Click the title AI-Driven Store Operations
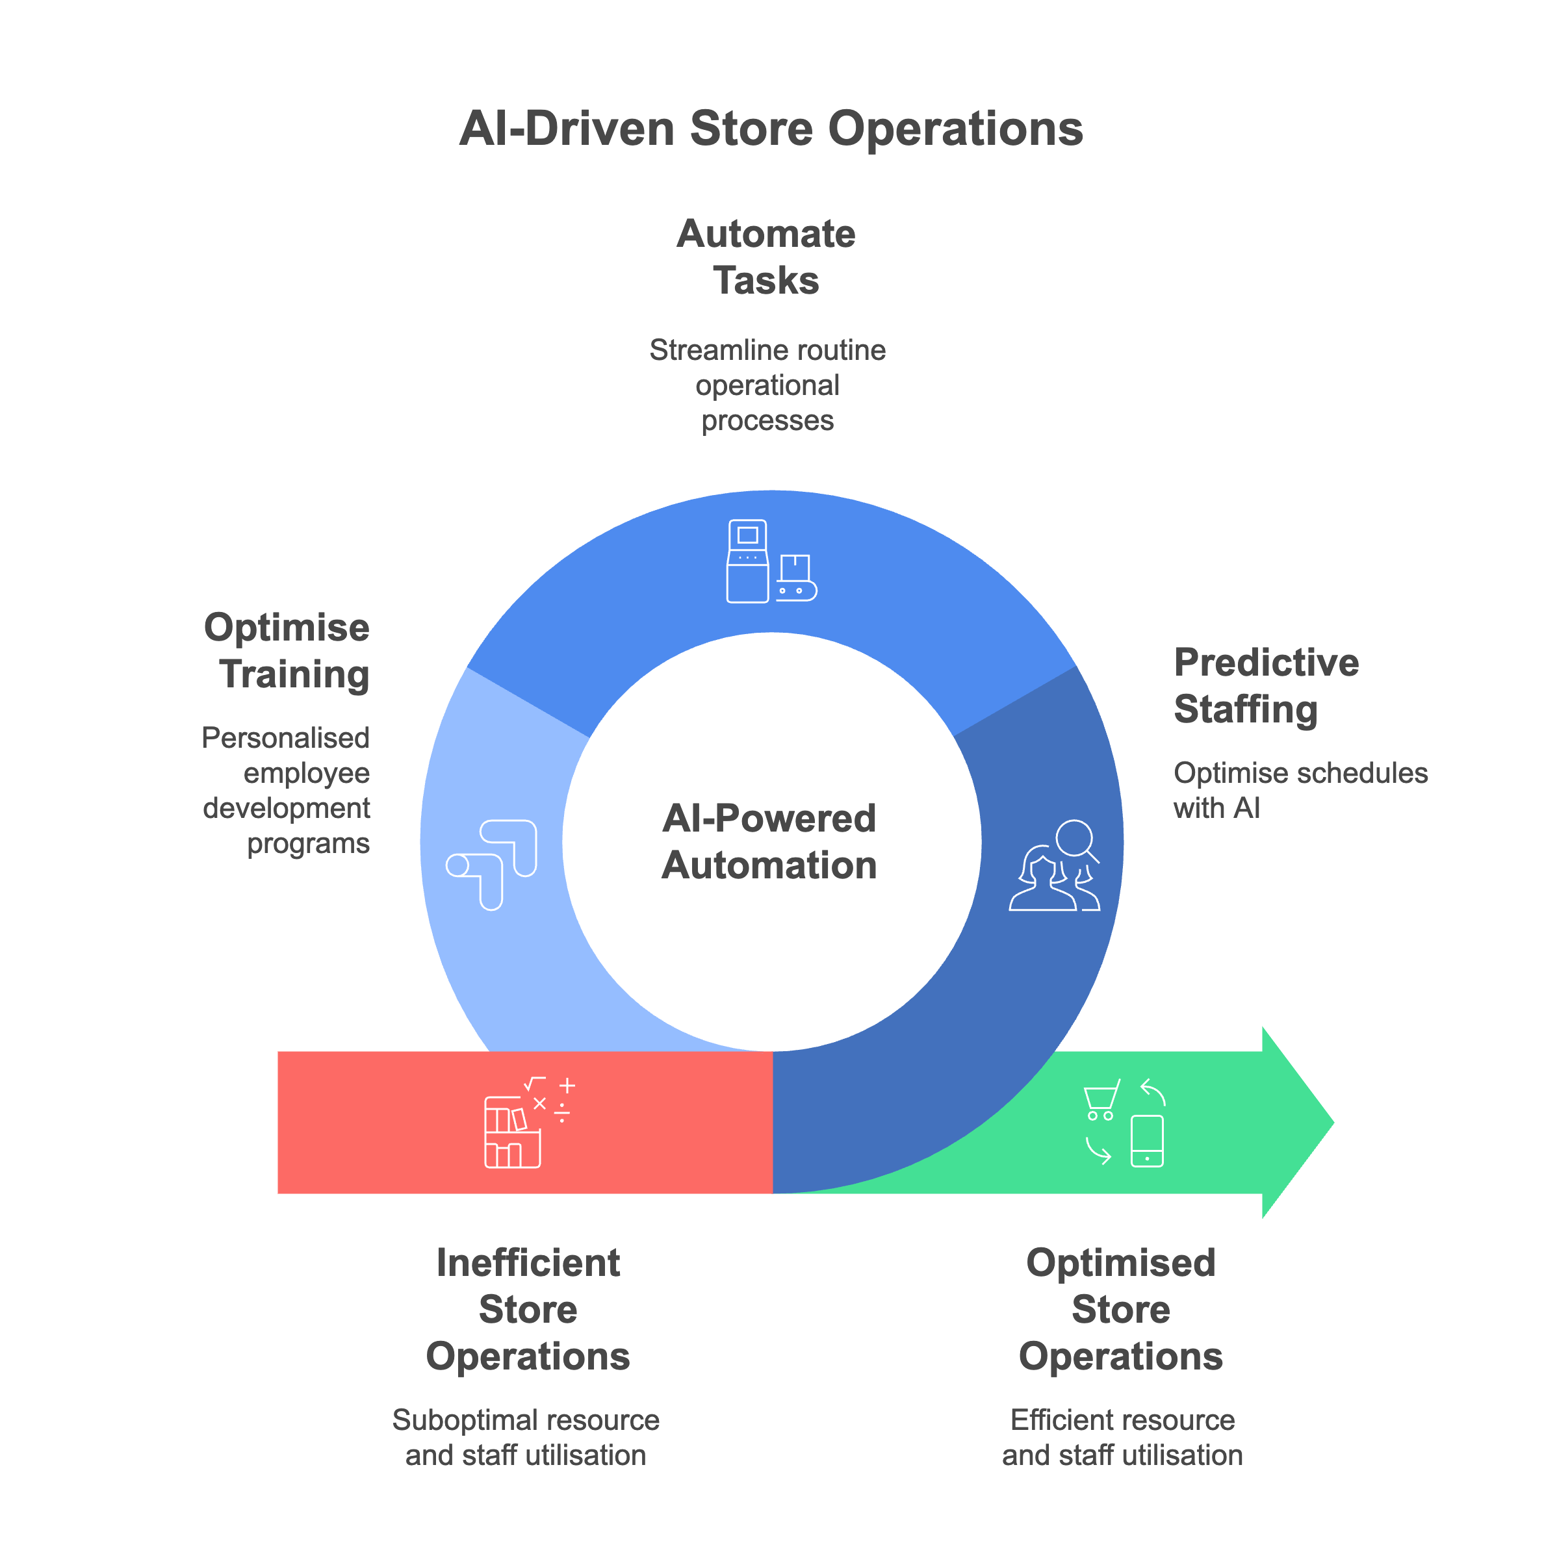[771, 129]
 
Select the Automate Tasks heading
[766, 257]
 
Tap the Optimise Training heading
[287, 651]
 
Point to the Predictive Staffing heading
[1266, 686]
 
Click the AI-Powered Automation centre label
[769, 841]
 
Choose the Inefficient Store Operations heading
[528, 1309]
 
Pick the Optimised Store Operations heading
[1121, 1309]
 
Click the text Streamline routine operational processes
[767, 385]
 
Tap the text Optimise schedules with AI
[1300, 791]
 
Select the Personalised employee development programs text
[287, 791]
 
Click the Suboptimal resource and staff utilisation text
[526, 1437]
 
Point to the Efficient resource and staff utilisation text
[1122, 1437]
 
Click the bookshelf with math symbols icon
[528, 1122]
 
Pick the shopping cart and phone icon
[1125, 1123]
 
